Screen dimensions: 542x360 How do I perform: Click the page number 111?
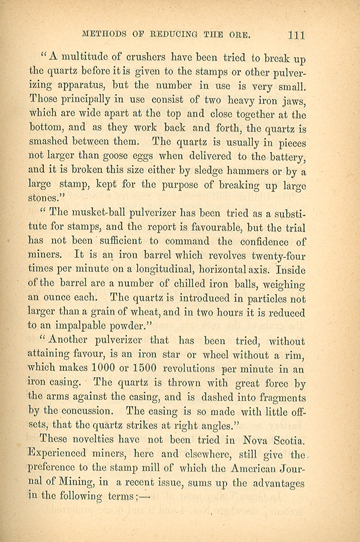[294, 34]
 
